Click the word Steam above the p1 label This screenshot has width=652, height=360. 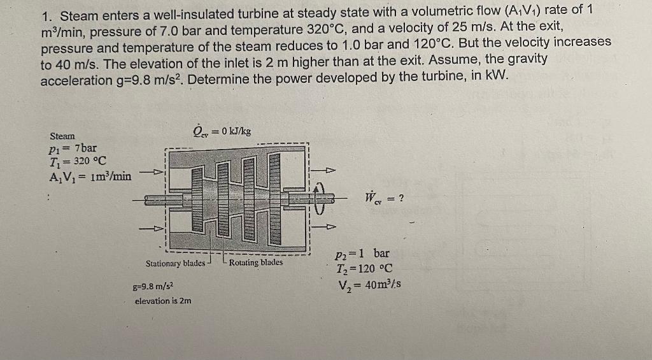62,136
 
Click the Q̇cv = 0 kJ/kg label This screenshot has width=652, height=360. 221,131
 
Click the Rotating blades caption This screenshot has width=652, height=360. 255,263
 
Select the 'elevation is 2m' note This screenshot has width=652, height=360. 163,301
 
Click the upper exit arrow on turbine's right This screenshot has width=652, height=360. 327,171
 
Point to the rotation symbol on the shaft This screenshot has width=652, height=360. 320,198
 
